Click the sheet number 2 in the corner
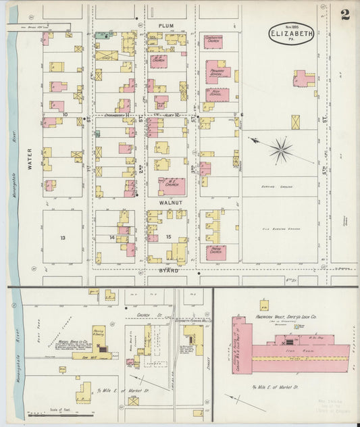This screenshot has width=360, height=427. (345, 15)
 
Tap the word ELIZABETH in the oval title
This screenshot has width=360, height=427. (292, 32)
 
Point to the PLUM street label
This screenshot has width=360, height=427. (165, 26)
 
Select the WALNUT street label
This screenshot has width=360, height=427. (165, 201)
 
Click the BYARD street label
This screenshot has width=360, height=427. (166, 270)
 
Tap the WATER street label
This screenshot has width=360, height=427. (30, 149)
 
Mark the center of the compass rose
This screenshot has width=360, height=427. (280, 149)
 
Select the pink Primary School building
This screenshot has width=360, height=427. (217, 71)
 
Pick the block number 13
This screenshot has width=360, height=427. (62, 238)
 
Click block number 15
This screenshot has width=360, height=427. (167, 236)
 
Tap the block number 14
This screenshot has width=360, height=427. (111, 238)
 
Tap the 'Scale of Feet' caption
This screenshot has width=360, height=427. (60, 409)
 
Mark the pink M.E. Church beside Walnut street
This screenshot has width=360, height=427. (170, 184)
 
